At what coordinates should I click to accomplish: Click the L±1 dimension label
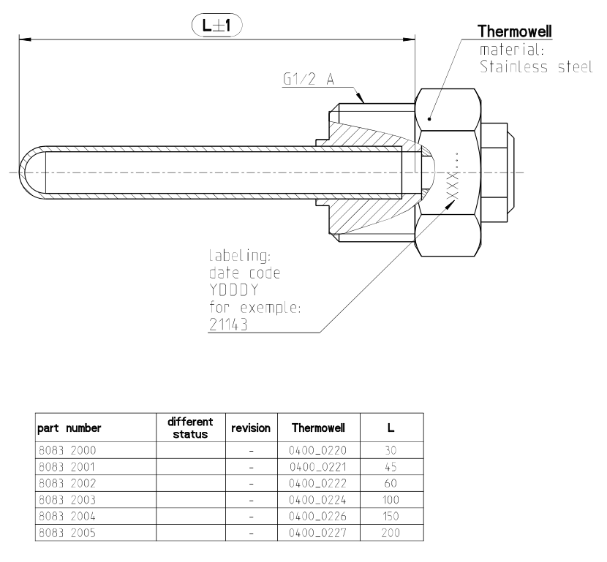click(x=216, y=27)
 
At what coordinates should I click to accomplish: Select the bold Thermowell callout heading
click(x=514, y=32)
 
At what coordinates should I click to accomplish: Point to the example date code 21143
click(x=227, y=325)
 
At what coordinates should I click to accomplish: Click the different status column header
click(x=190, y=428)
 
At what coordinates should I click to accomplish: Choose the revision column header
click(x=251, y=428)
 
